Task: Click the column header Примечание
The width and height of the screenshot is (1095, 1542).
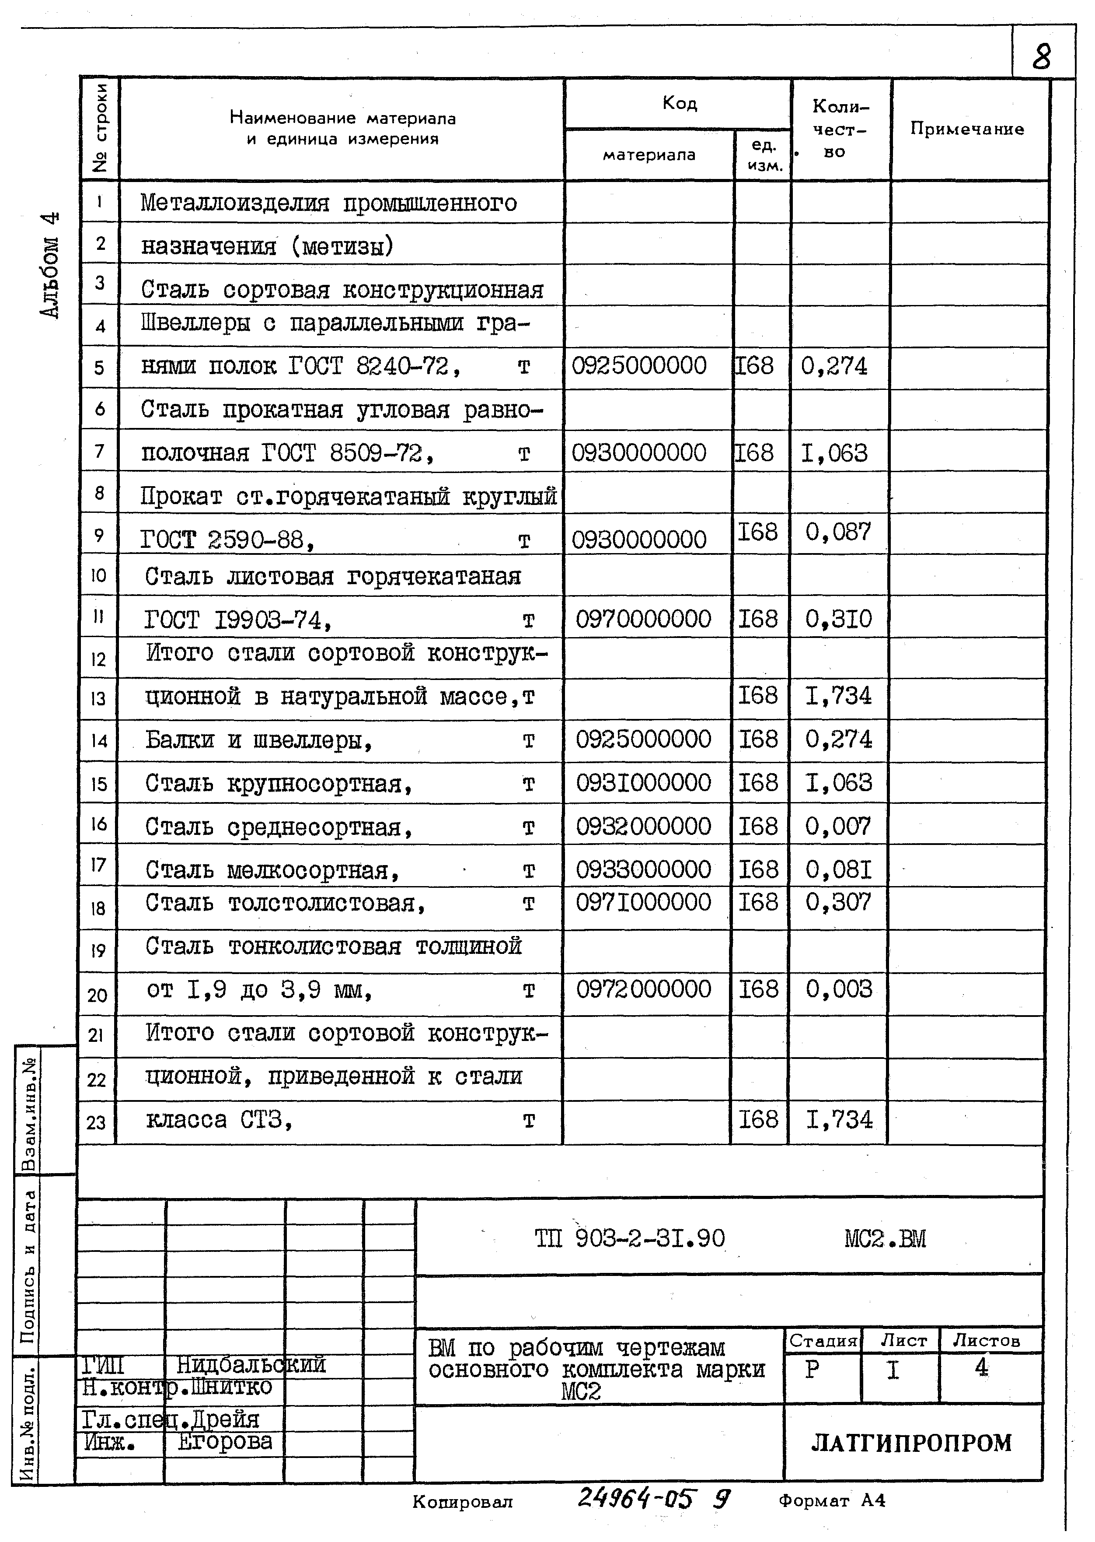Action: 967,129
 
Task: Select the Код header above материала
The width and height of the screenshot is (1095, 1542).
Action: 679,103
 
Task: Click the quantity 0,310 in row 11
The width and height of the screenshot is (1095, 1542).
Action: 838,619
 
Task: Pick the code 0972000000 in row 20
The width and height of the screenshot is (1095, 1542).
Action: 643,989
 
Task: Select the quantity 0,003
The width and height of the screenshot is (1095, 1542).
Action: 838,989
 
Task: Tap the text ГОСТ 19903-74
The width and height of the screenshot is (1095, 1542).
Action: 237,619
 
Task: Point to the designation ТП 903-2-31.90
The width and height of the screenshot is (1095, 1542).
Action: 630,1238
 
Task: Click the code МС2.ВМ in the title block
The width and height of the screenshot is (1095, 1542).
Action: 885,1238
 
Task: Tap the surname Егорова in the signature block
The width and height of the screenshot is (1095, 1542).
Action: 225,1441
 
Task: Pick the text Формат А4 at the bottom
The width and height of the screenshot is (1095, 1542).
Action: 831,1501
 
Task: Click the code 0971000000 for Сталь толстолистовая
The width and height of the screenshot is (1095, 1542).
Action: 643,902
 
